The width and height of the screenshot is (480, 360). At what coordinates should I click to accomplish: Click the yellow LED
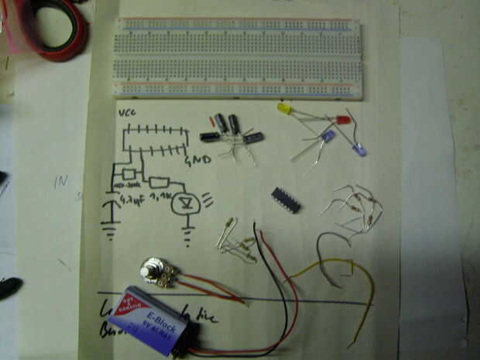coord(285,109)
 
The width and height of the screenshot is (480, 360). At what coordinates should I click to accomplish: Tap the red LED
coord(343,121)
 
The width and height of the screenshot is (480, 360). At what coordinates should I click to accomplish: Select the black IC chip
coord(286,198)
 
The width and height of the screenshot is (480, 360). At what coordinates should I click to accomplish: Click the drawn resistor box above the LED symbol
coord(159,183)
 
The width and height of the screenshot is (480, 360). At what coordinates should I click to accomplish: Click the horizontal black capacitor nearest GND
coord(210,137)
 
